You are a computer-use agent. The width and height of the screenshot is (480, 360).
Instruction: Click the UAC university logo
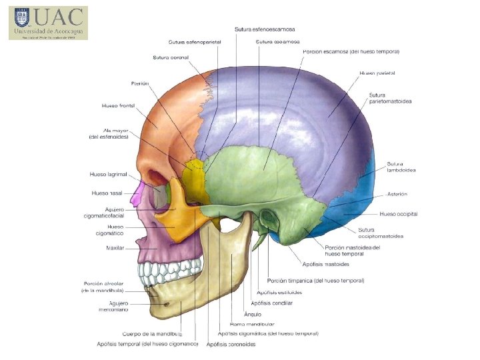coord(48,23)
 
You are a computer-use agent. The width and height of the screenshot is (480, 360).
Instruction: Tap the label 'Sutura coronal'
coord(171,57)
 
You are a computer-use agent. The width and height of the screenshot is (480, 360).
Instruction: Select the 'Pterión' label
coord(139,83)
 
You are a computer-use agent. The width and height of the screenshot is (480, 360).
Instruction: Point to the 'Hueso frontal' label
coord(118,105)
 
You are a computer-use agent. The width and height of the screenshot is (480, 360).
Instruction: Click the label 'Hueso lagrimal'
coord(108,175)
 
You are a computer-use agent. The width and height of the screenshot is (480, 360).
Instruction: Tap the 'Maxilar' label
coord(115,248)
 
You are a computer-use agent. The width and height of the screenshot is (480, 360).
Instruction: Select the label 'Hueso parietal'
coord(377,73)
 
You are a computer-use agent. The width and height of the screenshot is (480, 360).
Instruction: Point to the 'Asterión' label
coord(397,194)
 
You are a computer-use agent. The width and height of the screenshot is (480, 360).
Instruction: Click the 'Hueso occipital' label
coord(398,214)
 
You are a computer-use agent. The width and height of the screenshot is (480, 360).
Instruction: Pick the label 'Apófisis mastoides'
coord(326,265)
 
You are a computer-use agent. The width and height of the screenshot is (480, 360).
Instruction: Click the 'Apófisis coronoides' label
coord(231,344)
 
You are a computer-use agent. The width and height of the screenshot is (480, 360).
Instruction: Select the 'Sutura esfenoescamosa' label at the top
coord(265,29)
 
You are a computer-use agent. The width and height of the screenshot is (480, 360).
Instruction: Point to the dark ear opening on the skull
coord(269,218)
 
